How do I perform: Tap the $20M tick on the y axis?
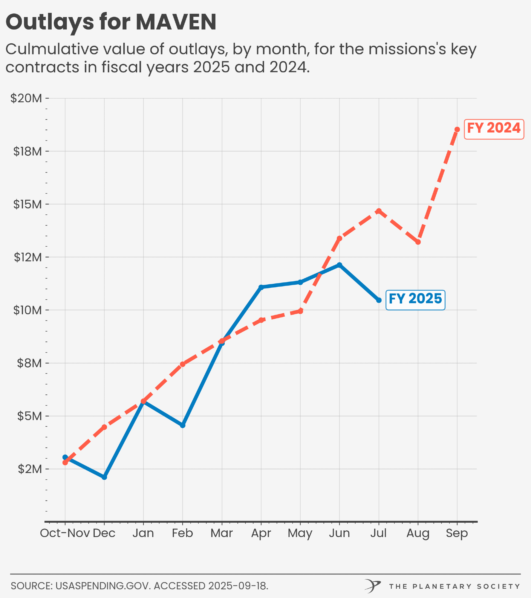point(26,98)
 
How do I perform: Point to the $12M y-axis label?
point(28,257)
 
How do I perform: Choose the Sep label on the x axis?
point(457,533)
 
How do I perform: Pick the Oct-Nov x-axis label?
point(65,533)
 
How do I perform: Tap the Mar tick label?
point(221,533)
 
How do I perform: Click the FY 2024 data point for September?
point(457,129)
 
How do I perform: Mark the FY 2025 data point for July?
point(379,300)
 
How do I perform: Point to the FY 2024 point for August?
point(418,242)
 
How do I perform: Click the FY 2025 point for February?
point(183,425)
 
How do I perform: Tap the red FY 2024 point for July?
point(379,211)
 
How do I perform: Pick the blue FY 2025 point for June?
point(339,265)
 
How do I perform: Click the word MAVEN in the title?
point(176,22)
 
